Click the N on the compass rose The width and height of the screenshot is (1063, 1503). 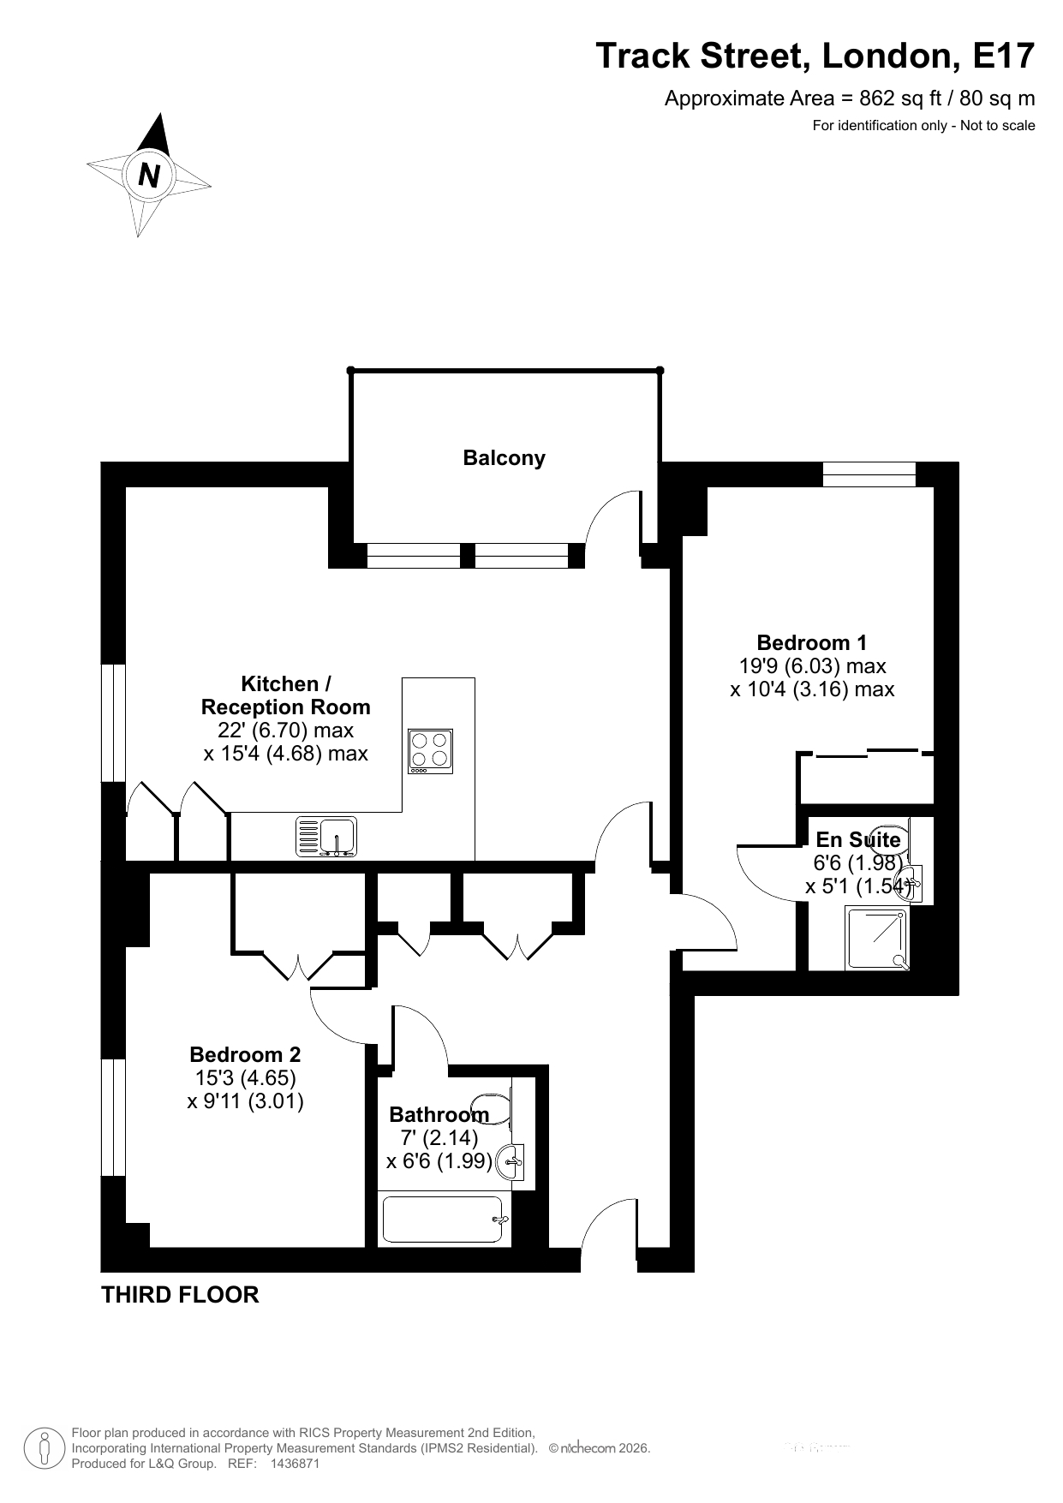pyautogui.click(x=149, y=176)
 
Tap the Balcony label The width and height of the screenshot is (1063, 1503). pyautogui.click(x=504, y=458)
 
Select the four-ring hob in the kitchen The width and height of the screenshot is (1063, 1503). pyautogui.click(x=431, y=751)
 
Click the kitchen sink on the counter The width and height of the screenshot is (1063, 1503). pyautogui.click(x=326, y=837)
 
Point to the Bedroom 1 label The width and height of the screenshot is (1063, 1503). pyautogui.click(x=812, y=642)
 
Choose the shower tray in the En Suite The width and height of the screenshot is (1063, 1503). pyautogui.click(x=877, y=939)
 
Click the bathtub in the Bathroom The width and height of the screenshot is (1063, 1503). pyautogui.click(x=444, y=1220)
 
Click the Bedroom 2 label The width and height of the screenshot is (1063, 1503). pyautogui.click(x=245, y=1054)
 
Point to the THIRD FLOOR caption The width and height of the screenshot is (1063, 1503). pyautogui.click(x=180, y=1295)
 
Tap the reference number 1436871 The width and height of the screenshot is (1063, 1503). pyautogui.click(x=295, y=1464)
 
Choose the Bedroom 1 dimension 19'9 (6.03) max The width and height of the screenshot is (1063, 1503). pyautogui.click(x=812, y=665)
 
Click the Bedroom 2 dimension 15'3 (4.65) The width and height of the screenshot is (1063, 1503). pyautogui.click(x=245, y=1077)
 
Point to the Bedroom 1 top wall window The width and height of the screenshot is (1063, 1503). pyautogui.click(x=869, y=474)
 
